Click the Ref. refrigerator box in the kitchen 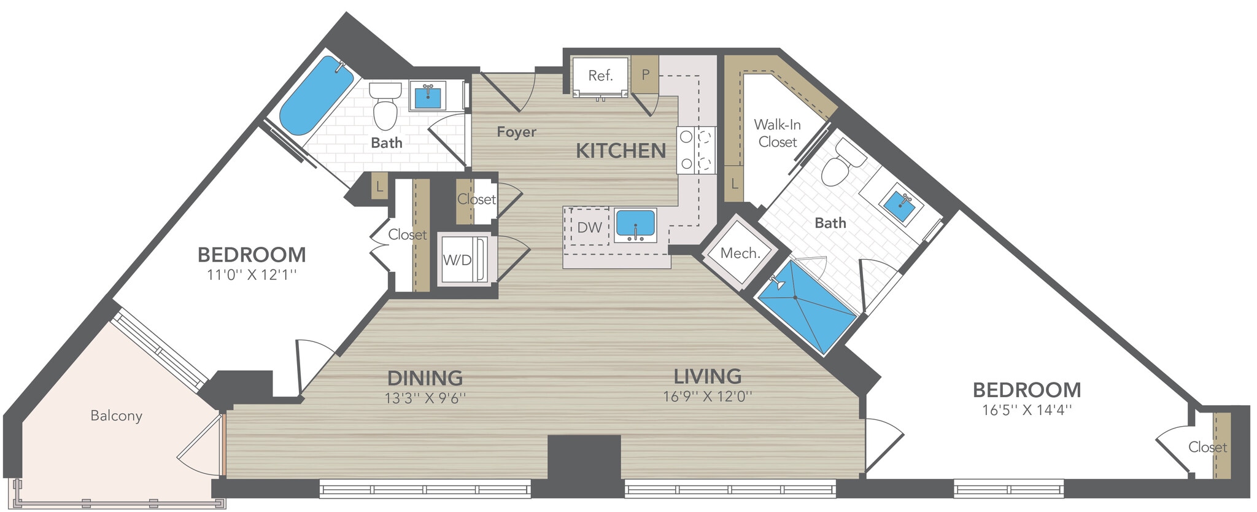pyautogui.click(x=600, y=76)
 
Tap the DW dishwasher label pyautogui.click(x=589, y=228)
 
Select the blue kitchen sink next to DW pyautogui.click(x=635, y=224)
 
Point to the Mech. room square pyautogui.click(x=740, y=253)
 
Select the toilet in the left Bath pyautogui.click(x=385, y=107)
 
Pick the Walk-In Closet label pyautogui.click(x=777, y=133)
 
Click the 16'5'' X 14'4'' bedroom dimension pyautogui.click(x=1027, y=410)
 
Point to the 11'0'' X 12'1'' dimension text pyautogui.click(x=252, y=274)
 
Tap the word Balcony pyautogui.click(x=116, y=416)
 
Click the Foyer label pyautogui.click(x=516, y=132)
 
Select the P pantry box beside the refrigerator pyautogui.click(x=645, y=75)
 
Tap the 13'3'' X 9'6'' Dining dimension pyautogui.click(x=425, y=398)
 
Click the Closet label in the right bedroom pyautogui.click(x=1207, y=448)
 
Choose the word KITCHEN pyautogui.click(x=621, y=151)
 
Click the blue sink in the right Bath pyautogui.click(x=903, y=206)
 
